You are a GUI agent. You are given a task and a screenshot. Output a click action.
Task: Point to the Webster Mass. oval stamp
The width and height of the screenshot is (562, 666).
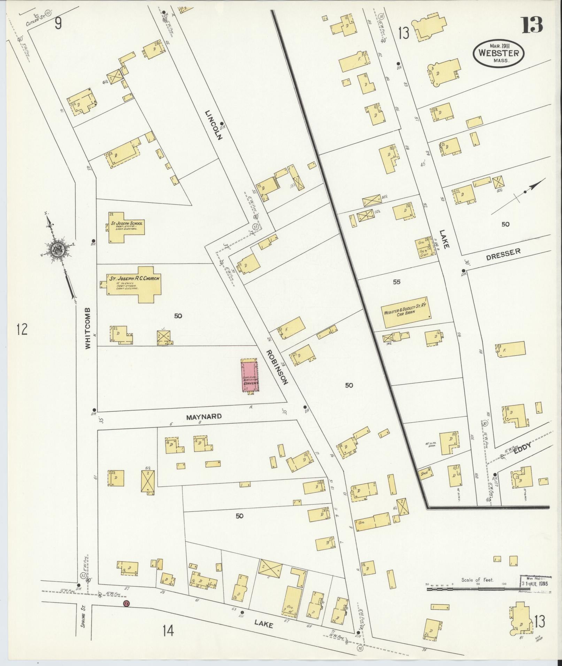click(498, 53)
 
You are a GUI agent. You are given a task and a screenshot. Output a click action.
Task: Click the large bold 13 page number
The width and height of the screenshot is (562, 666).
click(532, 25)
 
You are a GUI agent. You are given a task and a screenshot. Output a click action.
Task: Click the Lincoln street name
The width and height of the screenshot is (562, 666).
click(213, 125)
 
